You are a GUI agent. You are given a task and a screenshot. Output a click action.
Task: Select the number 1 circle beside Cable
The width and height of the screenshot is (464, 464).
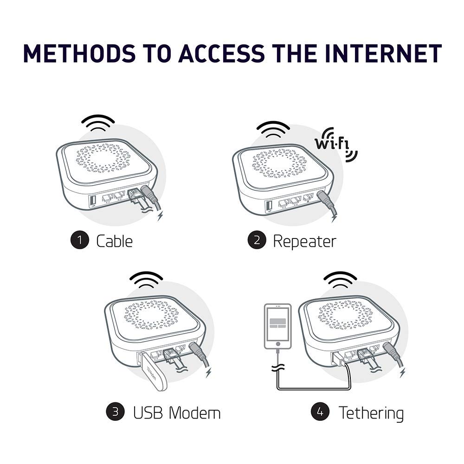point(79,240)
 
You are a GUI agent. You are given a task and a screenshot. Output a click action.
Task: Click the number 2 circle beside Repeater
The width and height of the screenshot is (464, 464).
point(257,240)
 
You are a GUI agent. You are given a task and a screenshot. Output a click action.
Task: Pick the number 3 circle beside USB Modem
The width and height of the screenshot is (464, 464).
point(115,412)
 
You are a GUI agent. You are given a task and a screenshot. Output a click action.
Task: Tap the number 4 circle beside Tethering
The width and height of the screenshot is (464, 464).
point(320,412)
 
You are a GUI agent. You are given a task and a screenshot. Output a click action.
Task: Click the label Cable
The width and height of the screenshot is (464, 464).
point(114,241)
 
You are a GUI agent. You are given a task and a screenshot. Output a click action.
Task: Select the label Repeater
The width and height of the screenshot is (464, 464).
point(304,241)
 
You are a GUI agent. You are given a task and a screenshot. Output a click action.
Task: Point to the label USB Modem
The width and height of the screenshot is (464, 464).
point(177,412)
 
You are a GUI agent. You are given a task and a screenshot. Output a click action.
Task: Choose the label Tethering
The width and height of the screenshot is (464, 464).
point(371,412)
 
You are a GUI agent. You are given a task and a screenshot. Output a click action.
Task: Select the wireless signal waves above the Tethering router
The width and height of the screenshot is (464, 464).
point(340,280)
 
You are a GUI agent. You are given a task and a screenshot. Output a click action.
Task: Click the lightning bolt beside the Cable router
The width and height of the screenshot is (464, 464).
point(161,216)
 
